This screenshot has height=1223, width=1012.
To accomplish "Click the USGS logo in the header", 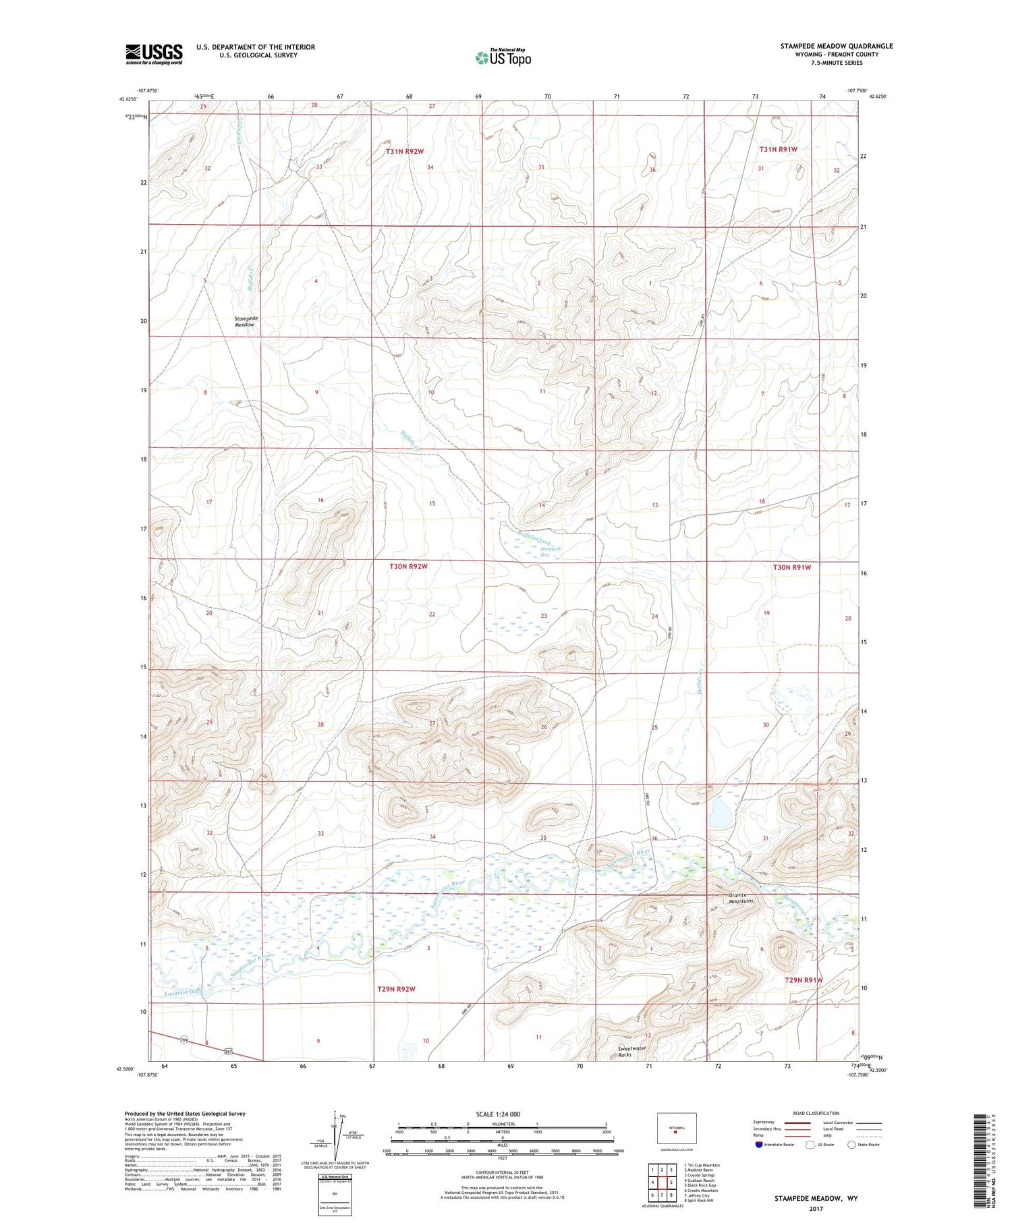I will [x=154, y=54].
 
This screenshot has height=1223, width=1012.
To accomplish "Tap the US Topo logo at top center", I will [x=503, y=58].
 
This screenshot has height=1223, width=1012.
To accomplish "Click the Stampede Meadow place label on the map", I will [x=244, y=321].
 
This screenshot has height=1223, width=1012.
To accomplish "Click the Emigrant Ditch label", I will [x=182, y=992].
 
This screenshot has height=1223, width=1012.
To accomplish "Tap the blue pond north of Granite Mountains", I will [x=720, y=814].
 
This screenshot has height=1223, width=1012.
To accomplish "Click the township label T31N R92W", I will [x=404, y=151].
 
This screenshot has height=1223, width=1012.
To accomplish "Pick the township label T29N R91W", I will [x=803, y=979].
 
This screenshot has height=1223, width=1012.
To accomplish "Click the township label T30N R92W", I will [x=408, y=566].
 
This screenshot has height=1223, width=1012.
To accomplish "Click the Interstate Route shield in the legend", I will [x=758, y=1145].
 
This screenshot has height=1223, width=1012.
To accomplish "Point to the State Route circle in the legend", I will [x=851, y=1145].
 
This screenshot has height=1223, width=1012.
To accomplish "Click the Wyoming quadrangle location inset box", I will [x=676, y=1129].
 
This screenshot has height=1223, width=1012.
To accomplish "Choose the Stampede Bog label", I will [x=551, y=552].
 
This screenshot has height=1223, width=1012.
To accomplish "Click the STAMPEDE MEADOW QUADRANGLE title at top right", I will [x=836, y=46].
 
